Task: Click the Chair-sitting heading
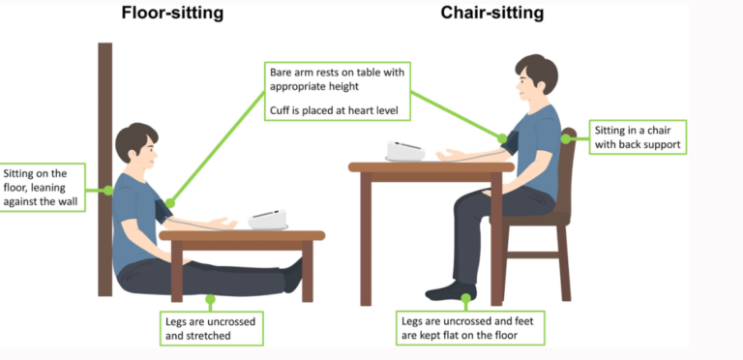click(x=492, y=14)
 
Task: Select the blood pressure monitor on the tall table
click(x=405, y=151)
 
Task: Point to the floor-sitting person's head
click(x=135, y=145)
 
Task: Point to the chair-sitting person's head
click(x=534, y=79)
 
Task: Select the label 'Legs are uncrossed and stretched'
click(x=212, y=326)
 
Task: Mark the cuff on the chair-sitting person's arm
click(x=509, y=144)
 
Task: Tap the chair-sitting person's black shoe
click(x=451, y=290)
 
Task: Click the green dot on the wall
click(x=108, y=190)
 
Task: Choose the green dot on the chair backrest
click(x=565, y=138)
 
